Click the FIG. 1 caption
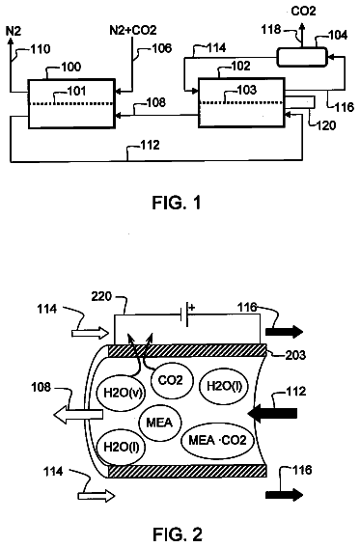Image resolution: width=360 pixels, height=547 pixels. click(x=177, y=203)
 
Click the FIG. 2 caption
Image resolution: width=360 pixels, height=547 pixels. click(x=178, y=534)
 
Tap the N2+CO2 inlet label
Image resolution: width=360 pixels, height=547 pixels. click(x=133, y=30)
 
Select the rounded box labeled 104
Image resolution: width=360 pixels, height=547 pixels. click(x=302, y=57)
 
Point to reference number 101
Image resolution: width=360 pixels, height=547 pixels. click(x=76, y=91)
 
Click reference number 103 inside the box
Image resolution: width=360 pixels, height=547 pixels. click(x=247, y=90)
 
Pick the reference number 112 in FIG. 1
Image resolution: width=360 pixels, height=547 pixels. click(x=150, y=145)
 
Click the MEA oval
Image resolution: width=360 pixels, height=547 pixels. click(x=160, y=423)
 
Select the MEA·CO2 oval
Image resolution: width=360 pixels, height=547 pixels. click(x=218, y=440)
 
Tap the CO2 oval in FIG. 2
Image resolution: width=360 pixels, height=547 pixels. click(x=171, y=380)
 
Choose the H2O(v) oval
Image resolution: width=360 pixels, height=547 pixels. click(x=121, y=393)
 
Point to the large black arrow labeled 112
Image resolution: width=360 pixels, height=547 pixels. click(x=272, y=414)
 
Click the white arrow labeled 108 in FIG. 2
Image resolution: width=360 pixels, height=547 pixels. click(x=78, y=414)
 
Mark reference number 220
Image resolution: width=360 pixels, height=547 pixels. click(x=101, y=297)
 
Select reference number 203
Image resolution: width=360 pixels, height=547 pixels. click(x=295, y=355)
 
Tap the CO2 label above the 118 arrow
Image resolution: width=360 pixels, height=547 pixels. click(x=303, y=12)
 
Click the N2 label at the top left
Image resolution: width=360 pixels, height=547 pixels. click(x=14, y=31)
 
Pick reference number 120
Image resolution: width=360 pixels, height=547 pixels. click(x=326, y=125)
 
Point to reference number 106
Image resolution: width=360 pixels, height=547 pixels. click(x=162, y=48)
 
